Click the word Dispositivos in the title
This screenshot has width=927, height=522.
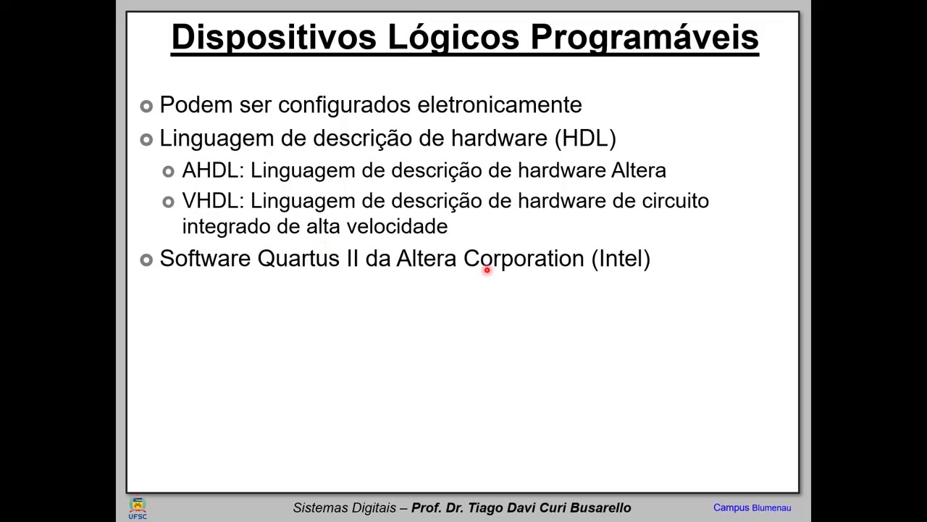274,38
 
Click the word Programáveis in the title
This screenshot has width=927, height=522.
644,38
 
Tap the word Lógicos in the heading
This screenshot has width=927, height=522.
453,38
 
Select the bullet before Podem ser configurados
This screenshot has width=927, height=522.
146,106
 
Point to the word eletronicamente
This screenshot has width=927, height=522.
499,105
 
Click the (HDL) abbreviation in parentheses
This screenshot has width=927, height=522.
585,138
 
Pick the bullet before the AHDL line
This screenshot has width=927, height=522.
169,172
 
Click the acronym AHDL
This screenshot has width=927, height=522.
212,170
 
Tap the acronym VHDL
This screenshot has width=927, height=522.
212,201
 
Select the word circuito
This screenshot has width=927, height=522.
675,201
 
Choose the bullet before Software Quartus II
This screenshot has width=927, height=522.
146,260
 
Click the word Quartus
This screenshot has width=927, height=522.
298,259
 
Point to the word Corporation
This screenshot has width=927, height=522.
523,259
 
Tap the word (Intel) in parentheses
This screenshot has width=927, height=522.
621,259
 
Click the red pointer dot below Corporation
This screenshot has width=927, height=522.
487,270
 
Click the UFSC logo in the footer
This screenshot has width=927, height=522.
138,507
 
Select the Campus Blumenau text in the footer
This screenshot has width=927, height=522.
752,507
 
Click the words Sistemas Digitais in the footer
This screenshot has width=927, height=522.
345,507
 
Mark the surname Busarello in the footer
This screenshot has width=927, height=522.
600,507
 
